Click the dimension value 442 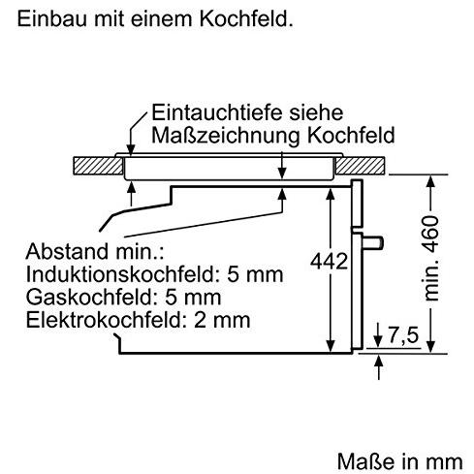(329, 261)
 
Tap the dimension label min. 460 (431, 258)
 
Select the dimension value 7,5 (403, 334)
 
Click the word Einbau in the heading (52, 18)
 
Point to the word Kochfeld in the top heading (246, 18)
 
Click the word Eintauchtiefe (217, 112)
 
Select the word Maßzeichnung (226, 136)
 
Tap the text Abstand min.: (95, 251)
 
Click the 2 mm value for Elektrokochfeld (222, 320)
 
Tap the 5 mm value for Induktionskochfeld (255, 274)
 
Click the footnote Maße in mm (400, 461)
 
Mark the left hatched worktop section (98, 166)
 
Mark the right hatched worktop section (360, 166)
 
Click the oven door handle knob (372, 243)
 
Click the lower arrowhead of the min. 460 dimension (430, 346)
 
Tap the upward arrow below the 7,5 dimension (379, 367)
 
